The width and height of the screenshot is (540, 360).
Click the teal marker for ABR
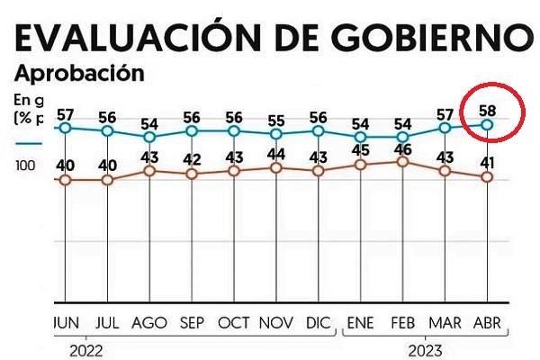pos(488,124)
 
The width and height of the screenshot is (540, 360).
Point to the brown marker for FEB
pos(403,161)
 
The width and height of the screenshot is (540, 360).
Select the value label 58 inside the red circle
pos(488,110)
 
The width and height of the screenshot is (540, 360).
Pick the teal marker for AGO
pos(149,137)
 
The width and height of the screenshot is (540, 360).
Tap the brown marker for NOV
pos(276,167)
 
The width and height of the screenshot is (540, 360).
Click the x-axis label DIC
pos(318,322)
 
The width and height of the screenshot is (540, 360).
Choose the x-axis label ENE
pos(361,322)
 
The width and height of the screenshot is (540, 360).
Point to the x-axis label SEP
pos(192,322)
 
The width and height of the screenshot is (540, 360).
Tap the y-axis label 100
pos(24,166)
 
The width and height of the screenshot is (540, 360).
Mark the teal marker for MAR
pos(445,128)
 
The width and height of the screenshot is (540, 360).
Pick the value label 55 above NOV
pos(276,121)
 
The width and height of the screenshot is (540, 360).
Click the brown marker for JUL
pos(107,179)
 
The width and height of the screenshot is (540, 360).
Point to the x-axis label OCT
pos(234,322)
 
